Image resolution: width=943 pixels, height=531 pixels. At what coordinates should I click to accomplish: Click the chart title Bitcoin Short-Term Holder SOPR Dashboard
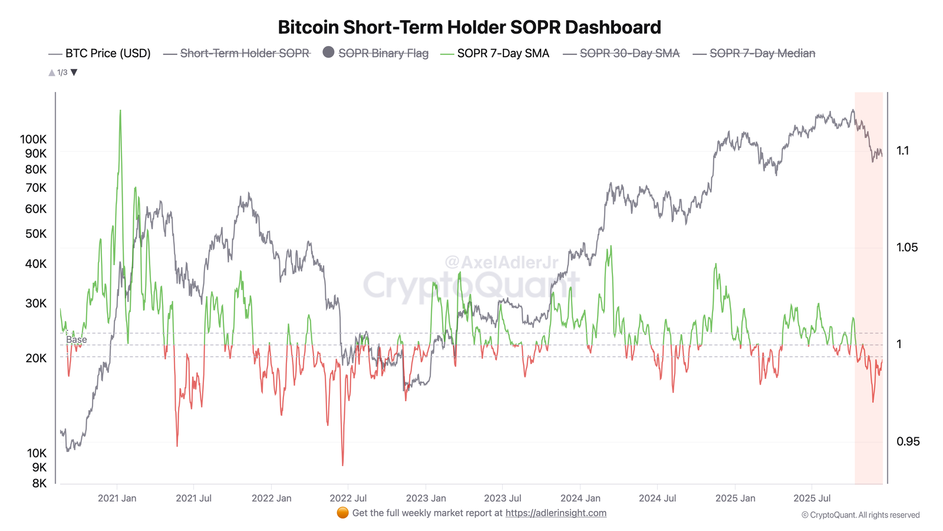[x=469, y=27]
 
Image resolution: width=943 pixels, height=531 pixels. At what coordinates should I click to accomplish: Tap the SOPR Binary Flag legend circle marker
[x=328, y=53]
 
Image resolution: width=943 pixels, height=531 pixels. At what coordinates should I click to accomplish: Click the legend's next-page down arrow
[x=74, y=73]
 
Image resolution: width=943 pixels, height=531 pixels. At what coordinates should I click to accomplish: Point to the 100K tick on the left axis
[x=33, y=139]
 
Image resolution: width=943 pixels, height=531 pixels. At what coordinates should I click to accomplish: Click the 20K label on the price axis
[x=35, y=358]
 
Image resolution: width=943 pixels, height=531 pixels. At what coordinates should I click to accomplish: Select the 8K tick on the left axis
[x=39, y=483]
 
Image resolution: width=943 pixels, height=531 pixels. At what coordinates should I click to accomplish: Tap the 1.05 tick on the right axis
[x=906, y=247]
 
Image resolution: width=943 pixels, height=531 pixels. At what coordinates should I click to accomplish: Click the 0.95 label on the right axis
[x=907, y=441]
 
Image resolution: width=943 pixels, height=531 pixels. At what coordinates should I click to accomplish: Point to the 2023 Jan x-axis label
[x=426, y=498]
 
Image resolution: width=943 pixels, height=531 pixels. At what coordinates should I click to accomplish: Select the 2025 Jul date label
[x=812, y=498]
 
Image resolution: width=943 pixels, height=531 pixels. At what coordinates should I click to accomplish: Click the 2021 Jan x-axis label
[x=117, y=498]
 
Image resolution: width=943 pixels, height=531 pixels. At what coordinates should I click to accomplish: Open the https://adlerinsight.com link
[x=555, y=513]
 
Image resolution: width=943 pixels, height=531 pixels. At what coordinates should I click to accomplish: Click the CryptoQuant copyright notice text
[x=860, y=515]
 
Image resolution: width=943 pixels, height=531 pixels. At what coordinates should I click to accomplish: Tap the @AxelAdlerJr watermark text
[x=501, y=262]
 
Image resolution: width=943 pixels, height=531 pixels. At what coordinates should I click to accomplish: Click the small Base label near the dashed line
[x=76, y=340]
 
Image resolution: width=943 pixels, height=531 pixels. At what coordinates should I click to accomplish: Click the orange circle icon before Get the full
[x=342, y=513]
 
